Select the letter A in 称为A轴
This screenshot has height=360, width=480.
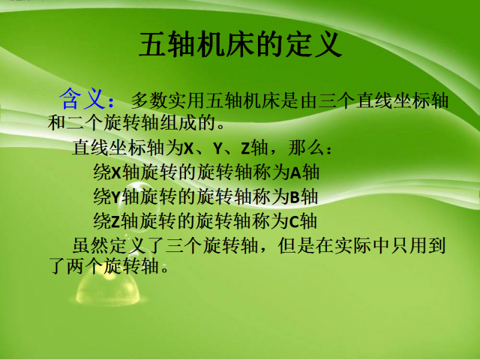295,173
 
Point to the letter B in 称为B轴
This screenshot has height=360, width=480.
295,197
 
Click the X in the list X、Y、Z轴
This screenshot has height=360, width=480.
189,148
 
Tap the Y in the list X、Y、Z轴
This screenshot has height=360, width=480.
217,148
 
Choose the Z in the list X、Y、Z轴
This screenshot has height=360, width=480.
245,148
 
